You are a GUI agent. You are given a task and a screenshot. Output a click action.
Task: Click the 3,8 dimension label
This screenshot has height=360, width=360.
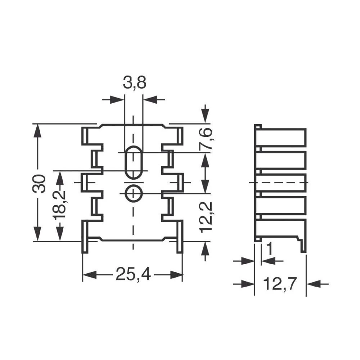point(134,83)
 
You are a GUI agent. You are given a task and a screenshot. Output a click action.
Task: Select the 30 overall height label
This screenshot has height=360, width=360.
point(40,184)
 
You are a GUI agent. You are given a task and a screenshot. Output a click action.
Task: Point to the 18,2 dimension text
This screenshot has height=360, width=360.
point(59,205)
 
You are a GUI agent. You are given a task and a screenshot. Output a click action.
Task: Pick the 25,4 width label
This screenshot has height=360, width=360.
point(132,275)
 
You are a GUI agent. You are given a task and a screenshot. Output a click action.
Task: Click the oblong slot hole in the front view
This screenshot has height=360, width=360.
point(133,162)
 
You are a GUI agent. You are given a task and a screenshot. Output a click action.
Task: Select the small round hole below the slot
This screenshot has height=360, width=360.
point(133,194)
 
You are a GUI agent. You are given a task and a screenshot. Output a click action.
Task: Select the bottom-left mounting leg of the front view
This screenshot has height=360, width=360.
point(86,238)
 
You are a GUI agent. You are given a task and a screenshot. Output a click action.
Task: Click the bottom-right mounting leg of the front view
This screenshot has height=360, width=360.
point(180,238)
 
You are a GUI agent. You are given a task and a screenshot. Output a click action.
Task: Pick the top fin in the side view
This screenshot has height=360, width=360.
point(283,137)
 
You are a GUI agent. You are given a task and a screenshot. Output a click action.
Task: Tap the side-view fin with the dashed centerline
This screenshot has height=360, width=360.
point(283,183)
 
